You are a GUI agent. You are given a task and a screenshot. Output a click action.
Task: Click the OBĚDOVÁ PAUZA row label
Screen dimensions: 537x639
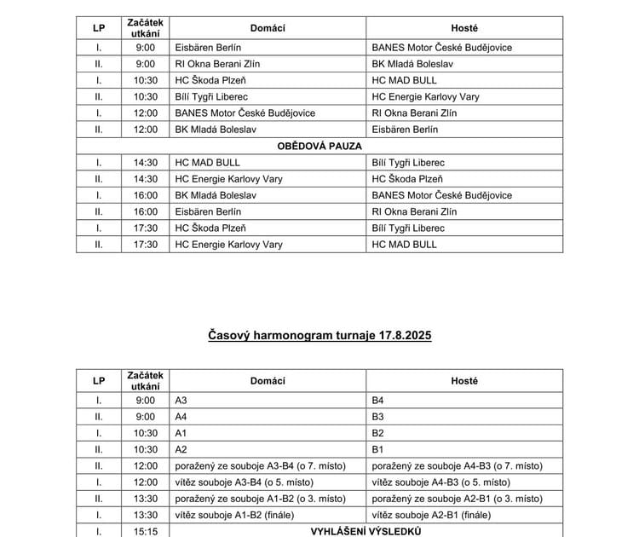(319, 146)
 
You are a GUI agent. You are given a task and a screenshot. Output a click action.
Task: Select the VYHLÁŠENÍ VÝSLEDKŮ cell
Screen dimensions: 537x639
(366, 531)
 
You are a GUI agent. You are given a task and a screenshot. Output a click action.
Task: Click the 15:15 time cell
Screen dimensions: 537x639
(146, 531)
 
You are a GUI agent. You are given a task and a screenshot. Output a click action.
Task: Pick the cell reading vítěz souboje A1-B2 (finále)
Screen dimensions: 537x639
(237, 515)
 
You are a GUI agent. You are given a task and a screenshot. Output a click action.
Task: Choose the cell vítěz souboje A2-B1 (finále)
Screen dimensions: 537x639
(431, 515)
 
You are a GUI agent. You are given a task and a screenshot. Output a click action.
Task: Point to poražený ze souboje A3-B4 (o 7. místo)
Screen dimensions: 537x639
(260, 465)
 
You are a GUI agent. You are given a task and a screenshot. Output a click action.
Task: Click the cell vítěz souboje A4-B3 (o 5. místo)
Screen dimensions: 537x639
(441, 482)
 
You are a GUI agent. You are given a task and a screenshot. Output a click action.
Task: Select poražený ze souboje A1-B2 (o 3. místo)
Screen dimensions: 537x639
(260, 499)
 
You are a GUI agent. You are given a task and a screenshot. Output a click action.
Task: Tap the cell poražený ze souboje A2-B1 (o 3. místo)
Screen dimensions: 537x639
(458, 499)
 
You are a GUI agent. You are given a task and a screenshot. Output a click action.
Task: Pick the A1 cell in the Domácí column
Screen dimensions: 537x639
(181, 433)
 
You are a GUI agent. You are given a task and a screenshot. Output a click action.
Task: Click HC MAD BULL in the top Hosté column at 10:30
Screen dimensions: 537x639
(405, 80)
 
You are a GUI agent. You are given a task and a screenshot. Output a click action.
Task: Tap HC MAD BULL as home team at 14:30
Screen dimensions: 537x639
(207, 162)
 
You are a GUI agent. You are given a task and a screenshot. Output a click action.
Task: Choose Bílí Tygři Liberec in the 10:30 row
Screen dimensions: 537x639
(211, 96)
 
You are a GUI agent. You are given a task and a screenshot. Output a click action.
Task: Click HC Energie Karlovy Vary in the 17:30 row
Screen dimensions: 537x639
(228, 245)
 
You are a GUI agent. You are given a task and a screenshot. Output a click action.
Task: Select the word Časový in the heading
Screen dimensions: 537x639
(228, 336)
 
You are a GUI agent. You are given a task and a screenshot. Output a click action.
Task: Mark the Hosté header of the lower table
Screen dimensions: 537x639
(464, 381)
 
